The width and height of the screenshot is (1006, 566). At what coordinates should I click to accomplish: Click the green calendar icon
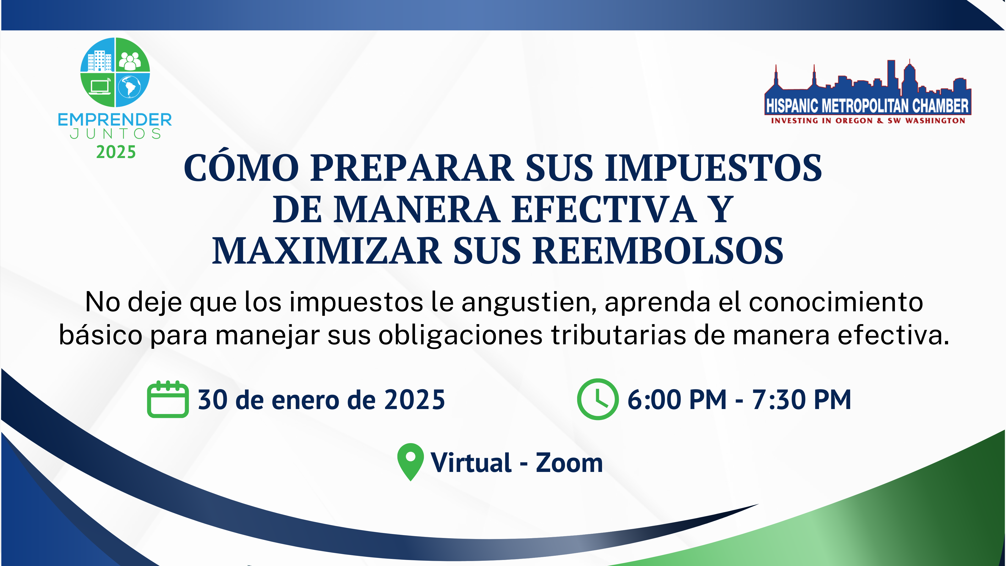click(x=168, y=399)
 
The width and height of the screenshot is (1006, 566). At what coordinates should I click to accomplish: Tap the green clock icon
click(x=598, y=399)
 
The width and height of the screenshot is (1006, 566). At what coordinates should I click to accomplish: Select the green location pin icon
click(x=411, y=462)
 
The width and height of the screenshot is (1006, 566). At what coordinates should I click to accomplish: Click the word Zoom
click(x=569, y=462)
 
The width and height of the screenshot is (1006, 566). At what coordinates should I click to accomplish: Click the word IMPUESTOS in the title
click(x=713, y=168)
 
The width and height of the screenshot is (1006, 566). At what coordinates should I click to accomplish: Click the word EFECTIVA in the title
click(x=604, y=209)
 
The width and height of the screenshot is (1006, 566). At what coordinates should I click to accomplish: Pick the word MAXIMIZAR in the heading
click(x=327, y=251)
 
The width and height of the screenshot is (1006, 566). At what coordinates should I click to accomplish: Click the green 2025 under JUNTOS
click(x=116, y=152)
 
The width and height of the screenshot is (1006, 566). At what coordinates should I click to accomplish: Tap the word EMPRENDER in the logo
click(x=115, y=119)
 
